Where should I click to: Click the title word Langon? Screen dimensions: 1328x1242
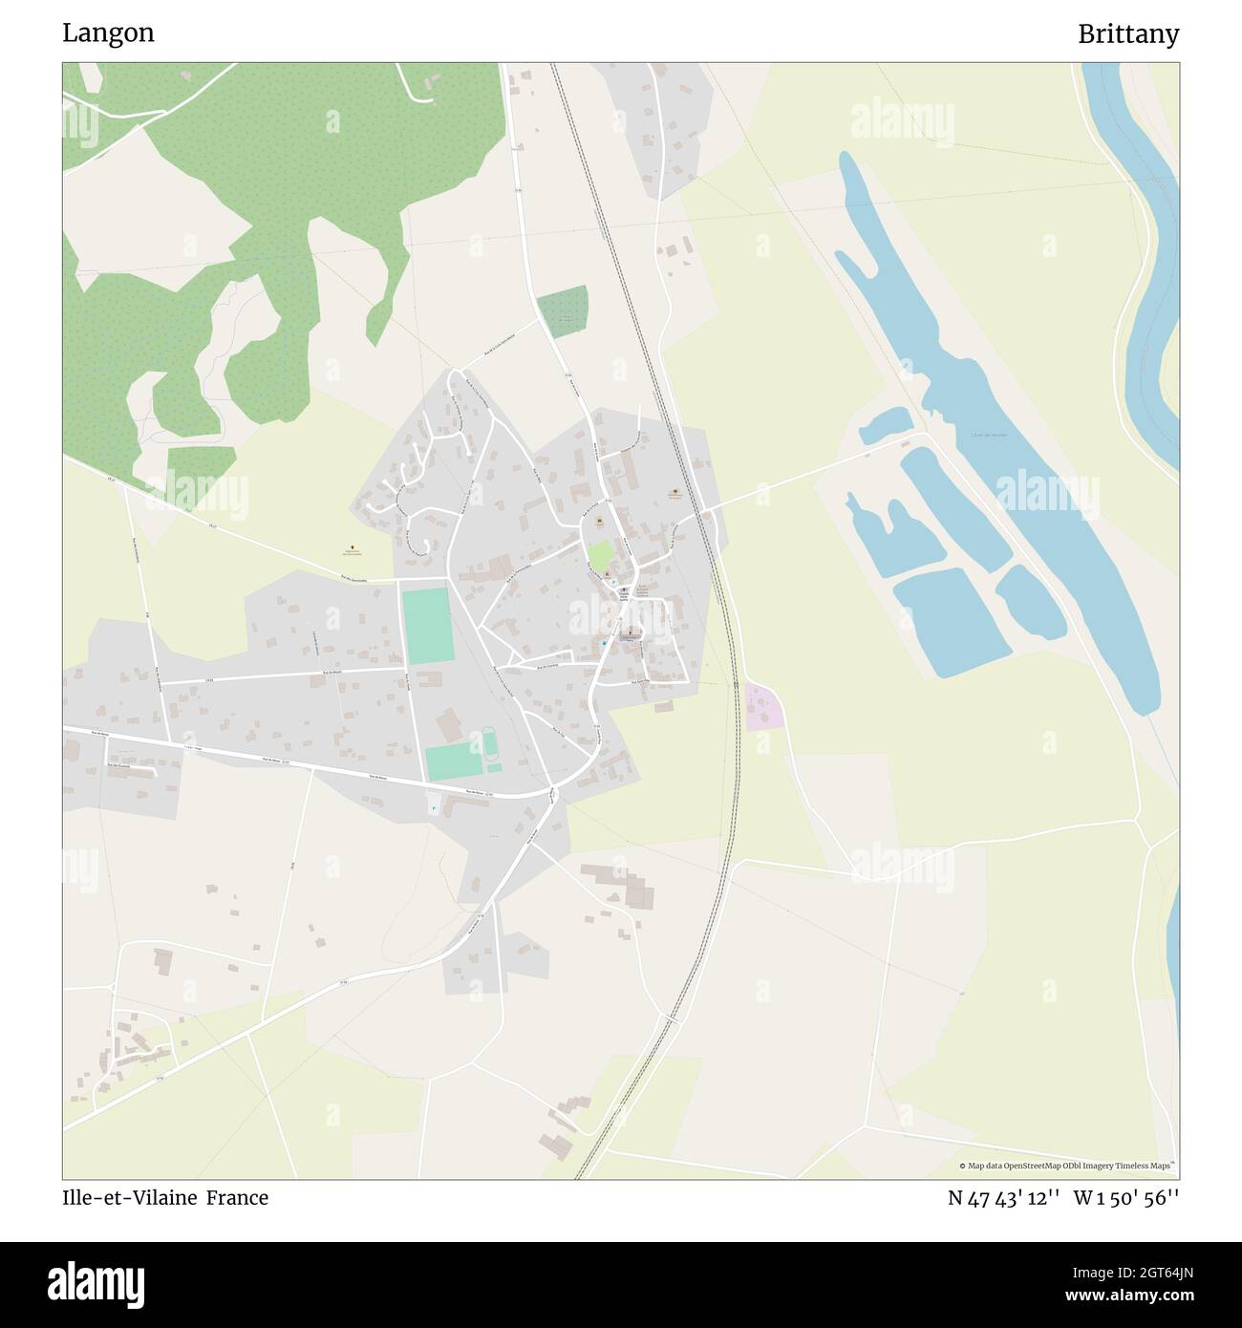pyautogui.click(x=108, y=33)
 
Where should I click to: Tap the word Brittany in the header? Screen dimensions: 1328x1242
pyautogui.click(x=1127, y=34)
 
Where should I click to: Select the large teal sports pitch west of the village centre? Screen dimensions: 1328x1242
pyautogui.click(x=428, y=627)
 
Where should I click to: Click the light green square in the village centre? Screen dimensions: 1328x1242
pyautogui.click(x=600, y=556)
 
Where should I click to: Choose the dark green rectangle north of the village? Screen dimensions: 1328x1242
pyautogui.click(x=562, y=311)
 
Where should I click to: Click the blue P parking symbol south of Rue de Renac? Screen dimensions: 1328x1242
pyautogui.click(x=434, y=808)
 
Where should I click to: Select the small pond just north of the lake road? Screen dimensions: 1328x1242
pyautogui.click(x=885, y=425)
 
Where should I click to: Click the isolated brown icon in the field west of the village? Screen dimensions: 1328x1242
pyautogui.click(x=350, y=549)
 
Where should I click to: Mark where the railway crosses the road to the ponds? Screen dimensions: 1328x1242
pyautogui.click(x=709, y=511)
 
